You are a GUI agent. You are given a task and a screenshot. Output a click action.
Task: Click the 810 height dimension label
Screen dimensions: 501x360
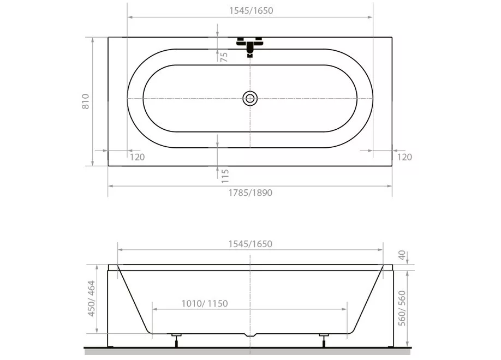pyautogui.click(x=85, y=101)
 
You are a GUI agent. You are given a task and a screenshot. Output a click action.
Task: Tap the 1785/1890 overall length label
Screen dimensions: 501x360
pyautogui.click(x=250, y=193)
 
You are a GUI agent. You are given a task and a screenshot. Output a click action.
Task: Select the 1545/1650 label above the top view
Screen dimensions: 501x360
pyautogui.click(x=251, y=10)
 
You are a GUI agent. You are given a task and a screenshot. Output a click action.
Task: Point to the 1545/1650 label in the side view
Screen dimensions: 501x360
pyautogui.click(x=250, y=244)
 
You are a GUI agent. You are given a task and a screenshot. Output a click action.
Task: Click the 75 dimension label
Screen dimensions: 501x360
pyautogui.click(x=224, y=57)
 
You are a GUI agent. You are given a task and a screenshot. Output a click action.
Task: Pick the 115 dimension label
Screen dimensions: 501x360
pyautogui.click(x=225, y=176)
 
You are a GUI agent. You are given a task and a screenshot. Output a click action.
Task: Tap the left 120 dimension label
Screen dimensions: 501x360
pyautogui.click(x=138, y=157)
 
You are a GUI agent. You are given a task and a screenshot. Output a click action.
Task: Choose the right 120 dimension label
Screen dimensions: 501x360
pyautogui.click(x=404, y=157)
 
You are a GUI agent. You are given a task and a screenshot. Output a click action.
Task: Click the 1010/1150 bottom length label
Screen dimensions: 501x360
pyautogui.click(x=205, y=303)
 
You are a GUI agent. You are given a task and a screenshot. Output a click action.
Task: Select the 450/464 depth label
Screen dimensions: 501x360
pyautogui.click(x=91, y=299)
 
